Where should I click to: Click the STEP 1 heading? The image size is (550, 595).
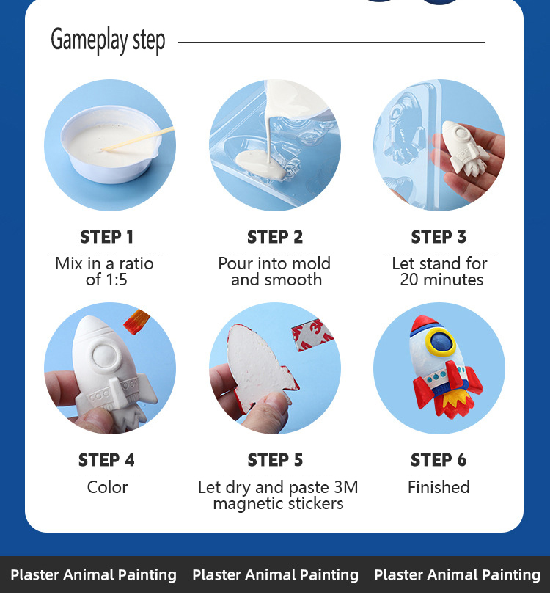click(x=106, y=237)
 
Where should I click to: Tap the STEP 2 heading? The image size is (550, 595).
click(x=275, y=237)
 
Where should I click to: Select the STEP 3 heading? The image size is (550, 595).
click(x=439, y=237)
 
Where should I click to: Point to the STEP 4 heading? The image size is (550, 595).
click(x=106, y=460)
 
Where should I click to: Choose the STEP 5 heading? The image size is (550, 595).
click(x=276, y=460)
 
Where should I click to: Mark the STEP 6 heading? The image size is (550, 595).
click(x=439, y=460)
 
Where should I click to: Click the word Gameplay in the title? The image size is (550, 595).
click(x=89, y=40)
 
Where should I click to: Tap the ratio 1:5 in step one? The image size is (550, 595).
click(x=117, y=280)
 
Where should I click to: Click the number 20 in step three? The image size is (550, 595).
click(x=409, y=280)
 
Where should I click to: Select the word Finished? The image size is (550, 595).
click(x=439, y=487)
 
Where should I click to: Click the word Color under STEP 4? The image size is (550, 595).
click(x=107, y=487)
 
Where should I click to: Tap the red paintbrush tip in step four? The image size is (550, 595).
click(x=136, y=321)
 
